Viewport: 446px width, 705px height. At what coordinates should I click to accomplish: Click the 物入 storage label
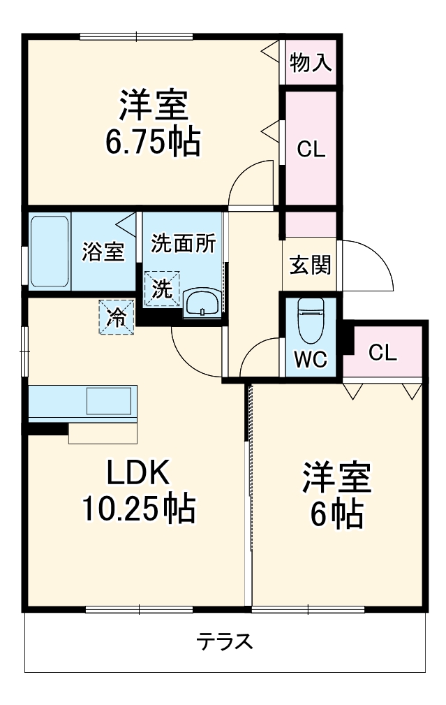310,64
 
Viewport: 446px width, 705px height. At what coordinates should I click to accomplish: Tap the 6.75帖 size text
153,143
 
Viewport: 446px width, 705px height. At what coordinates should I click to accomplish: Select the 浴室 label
103,252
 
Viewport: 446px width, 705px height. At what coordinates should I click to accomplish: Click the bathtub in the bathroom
49,252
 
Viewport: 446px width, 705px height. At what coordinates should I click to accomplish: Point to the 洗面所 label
184,244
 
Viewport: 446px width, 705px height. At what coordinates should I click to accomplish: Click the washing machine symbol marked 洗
162,289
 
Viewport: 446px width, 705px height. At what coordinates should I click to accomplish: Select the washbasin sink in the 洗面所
202,303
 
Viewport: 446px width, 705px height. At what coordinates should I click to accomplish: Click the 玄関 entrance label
311,266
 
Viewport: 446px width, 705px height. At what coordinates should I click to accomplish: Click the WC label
310,360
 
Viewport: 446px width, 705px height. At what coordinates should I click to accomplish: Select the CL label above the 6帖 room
382,352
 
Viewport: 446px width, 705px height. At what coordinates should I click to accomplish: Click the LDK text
137,474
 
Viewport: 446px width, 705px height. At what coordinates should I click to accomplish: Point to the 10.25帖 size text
137,509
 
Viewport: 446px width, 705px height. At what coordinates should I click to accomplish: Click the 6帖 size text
336,515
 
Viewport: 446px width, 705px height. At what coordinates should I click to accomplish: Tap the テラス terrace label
224,641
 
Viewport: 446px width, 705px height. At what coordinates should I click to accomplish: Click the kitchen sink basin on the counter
108,402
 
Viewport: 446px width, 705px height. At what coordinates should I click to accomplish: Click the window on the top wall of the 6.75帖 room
136,36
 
